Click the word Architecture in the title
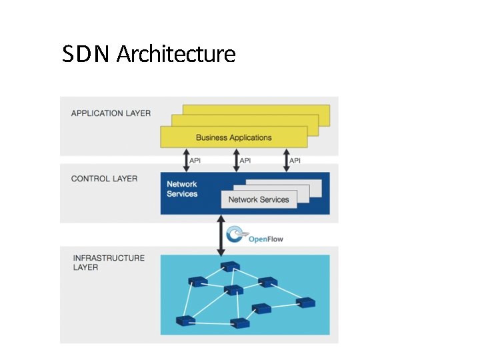click(176, 54)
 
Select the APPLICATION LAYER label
click(111, 113)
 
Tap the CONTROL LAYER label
click(104, 179)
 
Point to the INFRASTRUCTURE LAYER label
click(108, 262)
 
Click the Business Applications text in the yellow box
click(233, 137)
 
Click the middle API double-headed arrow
click(235, 160)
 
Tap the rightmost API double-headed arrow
click(285, 160)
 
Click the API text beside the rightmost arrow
click(295, 161)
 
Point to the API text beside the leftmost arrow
click(195, 161)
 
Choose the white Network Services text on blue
click(182, 189)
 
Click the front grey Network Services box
click(259, 199)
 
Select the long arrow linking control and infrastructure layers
click(220, 235)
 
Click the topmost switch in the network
click(230, 267)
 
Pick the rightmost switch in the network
click(305, 303)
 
